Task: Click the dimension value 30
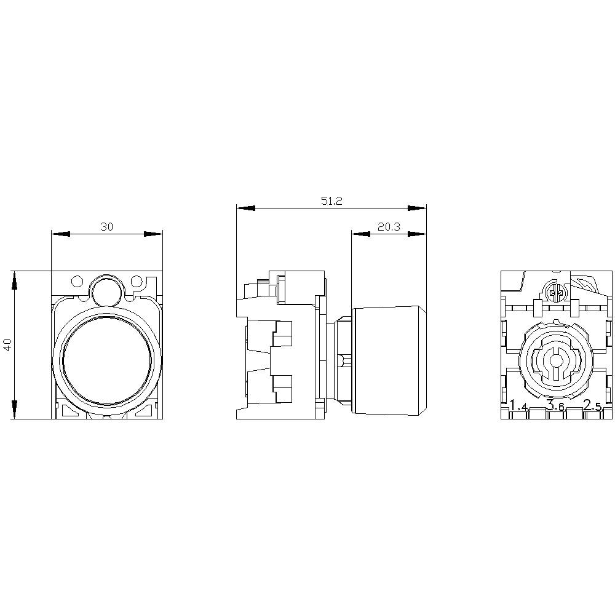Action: (107, 227)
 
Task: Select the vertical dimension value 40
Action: (7, 344)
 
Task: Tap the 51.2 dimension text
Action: (331, 201)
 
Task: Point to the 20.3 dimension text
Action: (389, 227)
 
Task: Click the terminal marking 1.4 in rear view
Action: (519, 406)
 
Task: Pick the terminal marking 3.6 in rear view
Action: (555, 406)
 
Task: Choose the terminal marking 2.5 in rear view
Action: (593, 405)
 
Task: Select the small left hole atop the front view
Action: (77, 282)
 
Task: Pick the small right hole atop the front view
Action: (137, 282)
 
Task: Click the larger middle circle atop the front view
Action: (106, 290)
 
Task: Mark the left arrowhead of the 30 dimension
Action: (60, 234)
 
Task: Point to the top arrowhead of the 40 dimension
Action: (14, 280)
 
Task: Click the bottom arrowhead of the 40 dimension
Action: (14, 410)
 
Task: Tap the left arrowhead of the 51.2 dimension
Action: (245, 208)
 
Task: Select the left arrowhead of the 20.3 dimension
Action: (360, 234)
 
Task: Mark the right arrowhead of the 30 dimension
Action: (153, 234)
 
